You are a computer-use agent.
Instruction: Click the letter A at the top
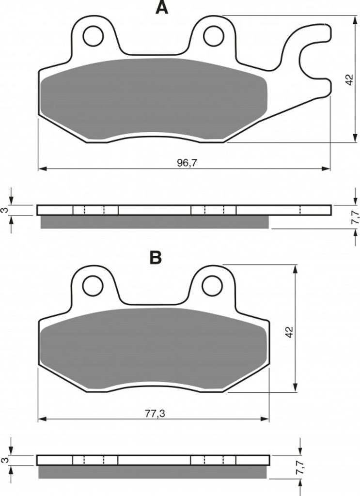[x=162, y=8]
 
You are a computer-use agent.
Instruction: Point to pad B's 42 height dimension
[x=290, y=332]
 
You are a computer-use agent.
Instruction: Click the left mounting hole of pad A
[x=94, y=36]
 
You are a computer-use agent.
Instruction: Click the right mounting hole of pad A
[x=214, y=36]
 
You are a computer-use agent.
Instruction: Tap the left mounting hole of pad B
[x=93, y=286]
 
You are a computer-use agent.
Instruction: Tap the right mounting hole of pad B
[x=212, y=286]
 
